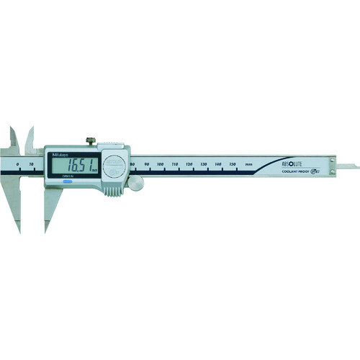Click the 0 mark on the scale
17,165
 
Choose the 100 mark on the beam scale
160,166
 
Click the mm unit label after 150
248,166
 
